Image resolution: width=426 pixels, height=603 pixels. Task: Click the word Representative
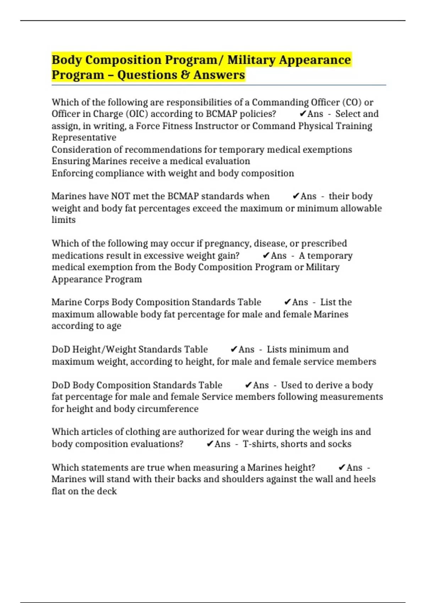tap(84, 137)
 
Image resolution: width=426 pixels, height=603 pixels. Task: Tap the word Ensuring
tap(71, 161)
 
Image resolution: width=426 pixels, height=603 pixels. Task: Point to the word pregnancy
tap(228, 243)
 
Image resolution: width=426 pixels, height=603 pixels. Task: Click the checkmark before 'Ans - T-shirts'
tap(210, 444)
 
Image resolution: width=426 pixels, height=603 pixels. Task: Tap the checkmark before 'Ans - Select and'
tap(303, 114)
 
